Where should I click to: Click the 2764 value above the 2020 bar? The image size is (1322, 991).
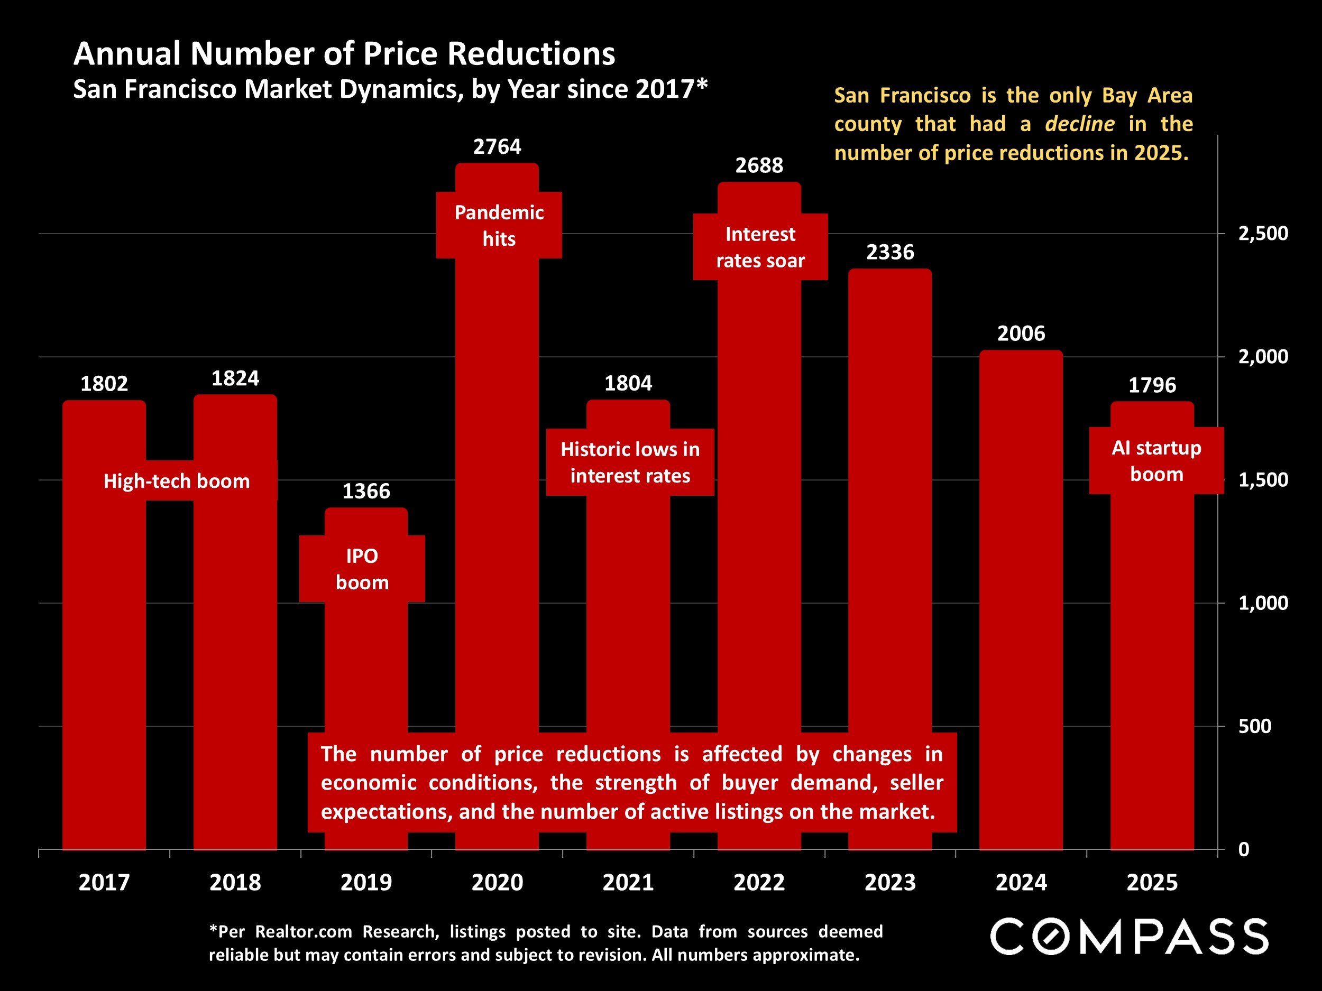pos(497,146)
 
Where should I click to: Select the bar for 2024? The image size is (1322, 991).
pos(1021,597)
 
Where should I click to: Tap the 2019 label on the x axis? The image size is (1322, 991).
pos(366,882)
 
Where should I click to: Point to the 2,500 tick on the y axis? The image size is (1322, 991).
pos(1263,233)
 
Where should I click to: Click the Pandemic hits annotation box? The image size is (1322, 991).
pos(499,225)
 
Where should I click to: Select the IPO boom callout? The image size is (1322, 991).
pos(362,569)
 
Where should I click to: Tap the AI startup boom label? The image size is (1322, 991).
pos(1156,460)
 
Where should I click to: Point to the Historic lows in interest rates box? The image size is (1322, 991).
pos(629,462)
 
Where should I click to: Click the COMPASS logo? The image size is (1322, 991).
pos(1129,937)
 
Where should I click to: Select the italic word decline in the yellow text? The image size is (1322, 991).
pos(1079,124)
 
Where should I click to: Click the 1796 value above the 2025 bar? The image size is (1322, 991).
pos(1152,385)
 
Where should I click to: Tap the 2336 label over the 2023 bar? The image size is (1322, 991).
pos(890,252)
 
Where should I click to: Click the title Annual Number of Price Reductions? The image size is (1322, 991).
pos(344,54)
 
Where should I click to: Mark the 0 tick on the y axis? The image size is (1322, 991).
pos(1243,849)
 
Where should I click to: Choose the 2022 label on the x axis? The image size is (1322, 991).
pos(759,882)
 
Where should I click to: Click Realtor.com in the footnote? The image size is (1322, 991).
pos(304,931)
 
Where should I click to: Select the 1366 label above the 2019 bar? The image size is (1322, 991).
pos(366,491)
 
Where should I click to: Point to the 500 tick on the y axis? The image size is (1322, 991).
pos(1254,726)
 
